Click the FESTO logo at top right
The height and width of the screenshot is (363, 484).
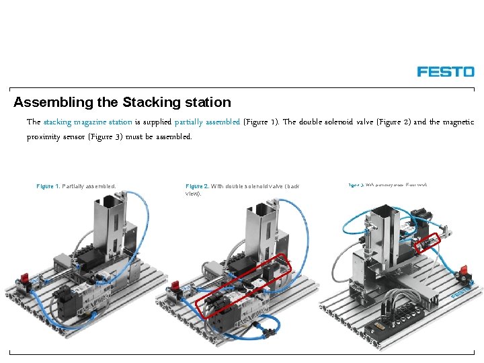coord(446,71)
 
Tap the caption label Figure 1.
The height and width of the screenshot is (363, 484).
coord(48,186)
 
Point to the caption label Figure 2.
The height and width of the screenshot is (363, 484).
coord(197,186)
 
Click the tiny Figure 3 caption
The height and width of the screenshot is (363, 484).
coord(356,184)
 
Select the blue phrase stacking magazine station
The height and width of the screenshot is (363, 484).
coord(87,122)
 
